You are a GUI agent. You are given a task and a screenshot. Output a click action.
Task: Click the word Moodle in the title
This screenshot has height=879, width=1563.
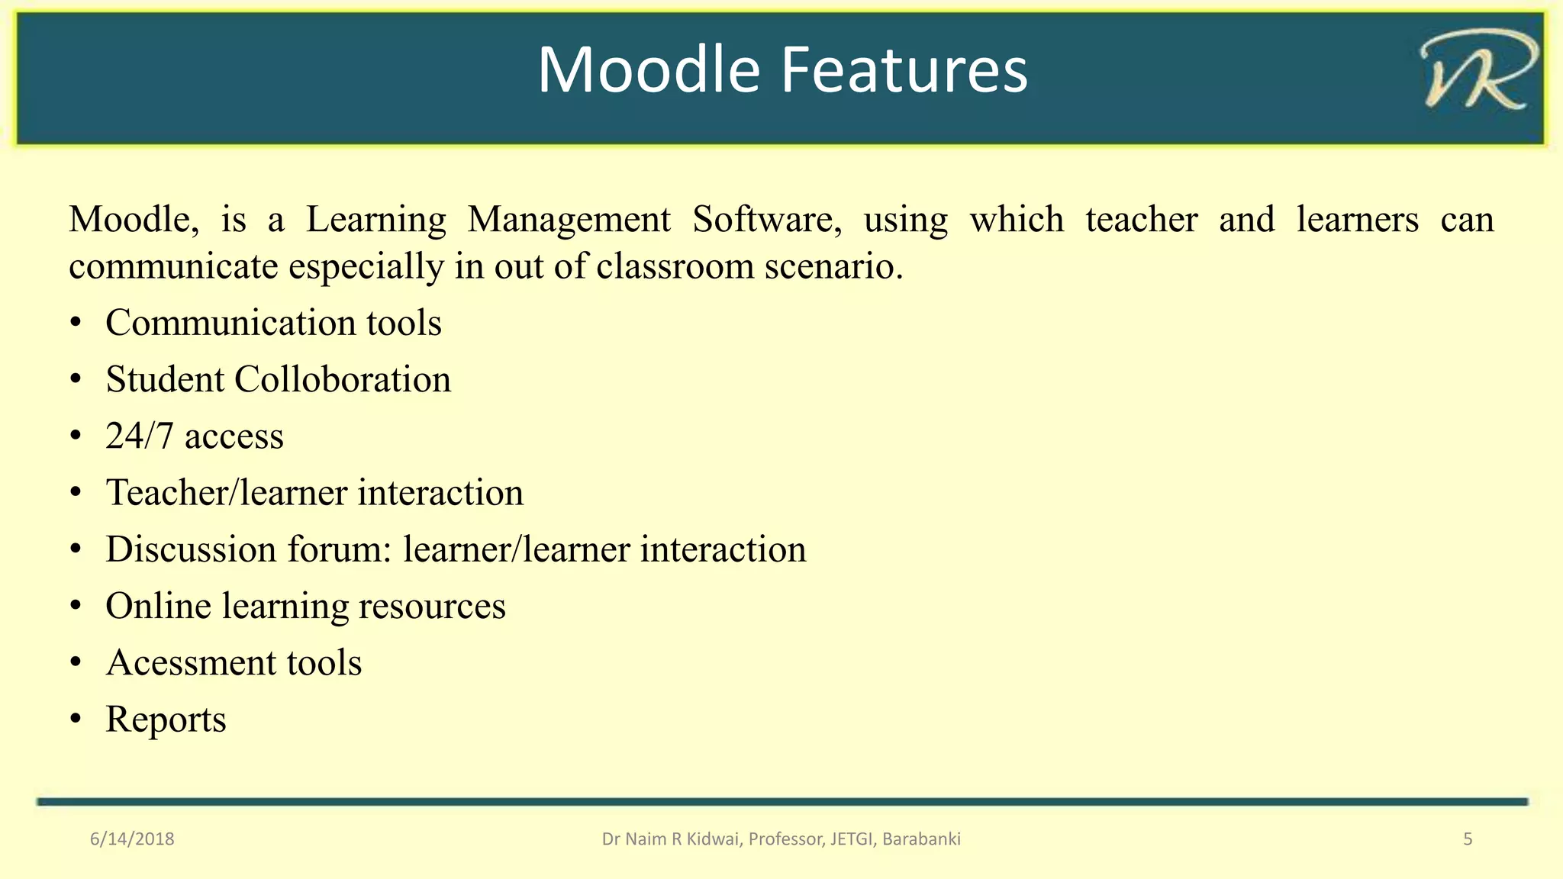click(649, 70)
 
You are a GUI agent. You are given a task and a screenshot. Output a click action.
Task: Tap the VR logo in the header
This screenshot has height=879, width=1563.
click(1477, 70)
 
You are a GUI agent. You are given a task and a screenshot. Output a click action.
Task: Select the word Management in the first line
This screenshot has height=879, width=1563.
click(569, 220)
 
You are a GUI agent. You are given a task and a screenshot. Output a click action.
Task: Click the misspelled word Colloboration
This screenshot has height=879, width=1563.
click(343, 379)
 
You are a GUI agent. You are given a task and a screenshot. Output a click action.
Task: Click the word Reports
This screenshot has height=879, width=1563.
click(166, 720)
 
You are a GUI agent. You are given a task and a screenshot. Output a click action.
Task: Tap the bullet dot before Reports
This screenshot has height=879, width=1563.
click(75, 720)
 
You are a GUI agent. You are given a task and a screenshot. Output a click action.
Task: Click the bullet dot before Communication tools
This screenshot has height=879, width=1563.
click(75, 324)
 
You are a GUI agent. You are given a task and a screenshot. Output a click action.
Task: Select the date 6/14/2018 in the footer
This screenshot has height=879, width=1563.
click(132, 839)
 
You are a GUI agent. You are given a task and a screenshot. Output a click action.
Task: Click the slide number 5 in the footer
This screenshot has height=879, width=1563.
click(1468, 839)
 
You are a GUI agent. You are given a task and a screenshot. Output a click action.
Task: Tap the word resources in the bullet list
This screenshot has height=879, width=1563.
click(432, 606)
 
